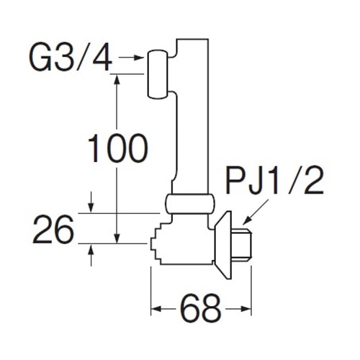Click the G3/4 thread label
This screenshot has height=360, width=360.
tap(71, 58)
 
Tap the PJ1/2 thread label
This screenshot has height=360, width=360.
tap(274, 181)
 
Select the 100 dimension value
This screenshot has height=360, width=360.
tap(117, 148)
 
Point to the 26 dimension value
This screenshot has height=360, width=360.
tap(53, 229)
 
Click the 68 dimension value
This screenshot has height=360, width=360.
tap(200, 308)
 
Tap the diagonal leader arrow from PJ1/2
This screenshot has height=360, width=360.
tap(256, 212)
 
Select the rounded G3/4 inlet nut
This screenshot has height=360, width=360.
tap(158, 74)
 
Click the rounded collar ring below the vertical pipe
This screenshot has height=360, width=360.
tap(189, 204)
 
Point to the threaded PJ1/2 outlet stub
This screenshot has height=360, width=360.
tap(242, 244)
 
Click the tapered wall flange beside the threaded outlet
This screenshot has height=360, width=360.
tap(223, 245)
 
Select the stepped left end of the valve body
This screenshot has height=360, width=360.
tap(156, 244)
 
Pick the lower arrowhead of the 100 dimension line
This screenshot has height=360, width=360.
tap(117, 238)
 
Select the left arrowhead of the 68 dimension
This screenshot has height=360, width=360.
tap(156, 309)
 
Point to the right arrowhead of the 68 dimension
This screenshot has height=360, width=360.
tap(246, 309)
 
